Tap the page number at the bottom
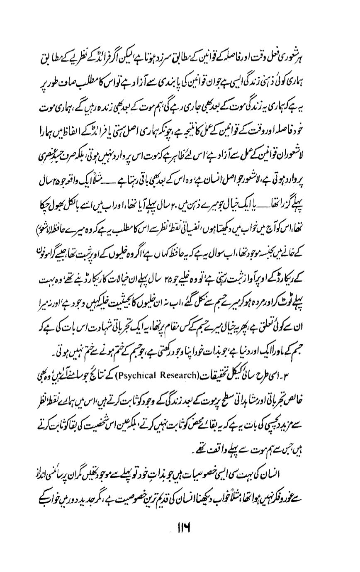(183, 526)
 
